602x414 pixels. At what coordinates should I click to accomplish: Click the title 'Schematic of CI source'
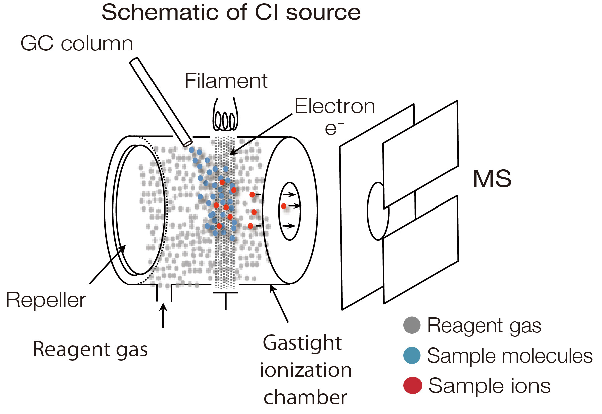(x=231, y=13)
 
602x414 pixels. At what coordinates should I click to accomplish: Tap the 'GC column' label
(x=77, y=44)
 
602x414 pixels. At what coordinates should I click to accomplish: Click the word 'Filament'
(x=226, y=81)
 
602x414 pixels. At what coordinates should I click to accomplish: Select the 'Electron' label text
(x=334, y=106)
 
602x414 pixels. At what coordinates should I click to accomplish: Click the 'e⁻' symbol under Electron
(x=334, y=128)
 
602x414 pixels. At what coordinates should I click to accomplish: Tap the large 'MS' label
(x=492, y=179)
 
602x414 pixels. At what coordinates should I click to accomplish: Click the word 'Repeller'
(x=46, y=300)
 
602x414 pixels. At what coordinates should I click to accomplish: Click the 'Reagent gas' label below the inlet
(x=90, y=350)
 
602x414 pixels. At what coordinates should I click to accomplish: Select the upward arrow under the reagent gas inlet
(x=163, y=315)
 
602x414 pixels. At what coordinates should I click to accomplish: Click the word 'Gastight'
(x=302, y=343)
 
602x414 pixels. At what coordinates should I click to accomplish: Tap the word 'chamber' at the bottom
(x=305, y=397)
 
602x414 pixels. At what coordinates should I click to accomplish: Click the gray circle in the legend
(x=412, y=325)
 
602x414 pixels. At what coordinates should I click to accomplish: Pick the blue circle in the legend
(x=412, y=355)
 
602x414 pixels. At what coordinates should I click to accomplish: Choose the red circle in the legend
(x=412, y=385)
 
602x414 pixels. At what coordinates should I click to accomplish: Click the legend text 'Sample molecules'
(x=510, y=355)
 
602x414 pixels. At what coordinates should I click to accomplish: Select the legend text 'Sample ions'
(x=489, y=386)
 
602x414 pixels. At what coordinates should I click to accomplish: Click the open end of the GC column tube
(x=188, y=143)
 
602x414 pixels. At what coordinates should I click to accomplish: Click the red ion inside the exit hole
(x=284, y=206)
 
